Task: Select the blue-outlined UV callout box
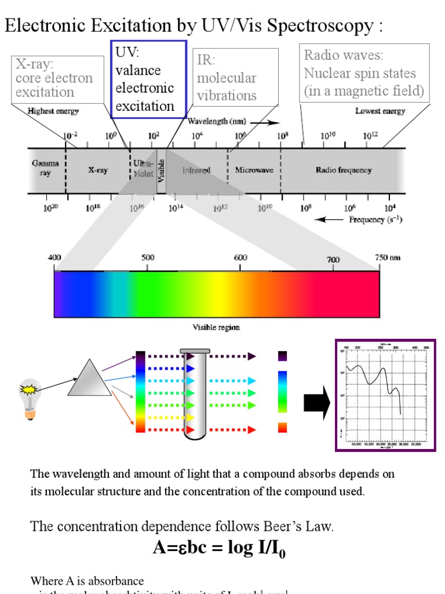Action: pos(148,79)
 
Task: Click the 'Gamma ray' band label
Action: pos(46,169)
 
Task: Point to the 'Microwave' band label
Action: pos(254,170)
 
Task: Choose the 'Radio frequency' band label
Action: pos(344,170)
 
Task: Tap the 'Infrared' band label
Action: pos(196,171)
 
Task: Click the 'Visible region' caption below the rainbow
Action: pos(216,327)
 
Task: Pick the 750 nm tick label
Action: pos(388,258)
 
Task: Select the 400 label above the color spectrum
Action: pos(54,258)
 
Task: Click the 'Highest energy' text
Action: pos(53,111)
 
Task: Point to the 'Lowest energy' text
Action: pos(380,111)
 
